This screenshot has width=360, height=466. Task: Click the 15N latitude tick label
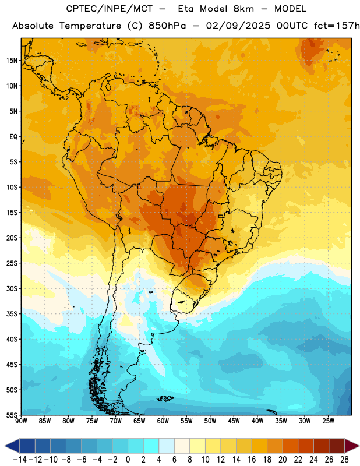(x=12, y=61)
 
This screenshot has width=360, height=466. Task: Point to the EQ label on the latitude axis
(x=13, y=137)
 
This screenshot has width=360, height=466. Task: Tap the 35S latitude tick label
(x=12, y=314)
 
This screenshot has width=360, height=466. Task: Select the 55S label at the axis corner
(x=12, y=415)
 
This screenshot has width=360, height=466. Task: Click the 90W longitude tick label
(x=22, y=421)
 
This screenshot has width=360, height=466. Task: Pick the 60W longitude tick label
(x=163, y=421)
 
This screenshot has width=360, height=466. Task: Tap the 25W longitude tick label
(x=328, y=421)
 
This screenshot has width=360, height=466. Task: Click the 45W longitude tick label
(x=234, y=421)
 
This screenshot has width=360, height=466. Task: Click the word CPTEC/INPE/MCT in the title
(x=110, y=9)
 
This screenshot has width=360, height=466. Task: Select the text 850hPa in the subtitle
(x=167, y=26)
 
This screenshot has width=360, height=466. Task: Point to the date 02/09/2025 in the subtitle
(x=238, y=26)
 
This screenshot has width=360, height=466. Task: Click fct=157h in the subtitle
(x=337, y=26)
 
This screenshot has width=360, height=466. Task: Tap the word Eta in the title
(x=186, y=9)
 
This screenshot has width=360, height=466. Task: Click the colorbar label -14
(x=20, y=460)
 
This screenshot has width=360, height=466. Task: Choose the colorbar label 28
(x=344, y=460)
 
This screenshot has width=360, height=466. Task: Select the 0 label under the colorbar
(x=128, y=460)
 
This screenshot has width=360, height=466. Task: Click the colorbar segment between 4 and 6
(x=167, y=446)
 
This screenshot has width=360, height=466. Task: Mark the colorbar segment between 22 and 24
(x=306, y=446)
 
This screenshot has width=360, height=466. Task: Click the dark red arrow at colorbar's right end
(x=351, y=446)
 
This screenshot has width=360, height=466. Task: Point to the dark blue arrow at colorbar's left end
(x=12, y=446)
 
